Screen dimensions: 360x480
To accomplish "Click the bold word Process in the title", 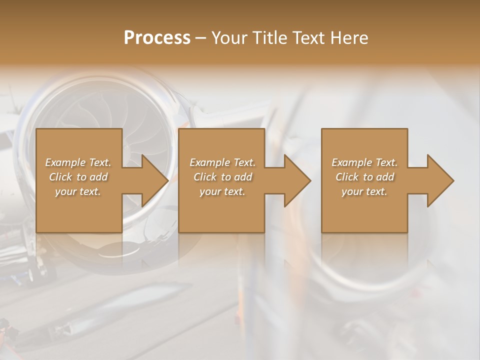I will [157, 38].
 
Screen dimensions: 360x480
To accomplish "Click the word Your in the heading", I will [231, 38].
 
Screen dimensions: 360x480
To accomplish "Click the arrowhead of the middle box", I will [297, 180].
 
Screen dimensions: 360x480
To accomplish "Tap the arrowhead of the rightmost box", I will [440, 180].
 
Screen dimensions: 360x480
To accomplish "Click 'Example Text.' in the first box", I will [78, 162].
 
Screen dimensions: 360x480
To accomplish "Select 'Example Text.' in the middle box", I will [222, 162].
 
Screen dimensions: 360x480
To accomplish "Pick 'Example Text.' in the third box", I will [364, 162].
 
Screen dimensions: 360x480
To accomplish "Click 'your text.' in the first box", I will [78, 191].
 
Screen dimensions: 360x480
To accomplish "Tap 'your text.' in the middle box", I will [222, 191].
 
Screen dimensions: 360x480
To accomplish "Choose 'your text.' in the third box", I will [364, 191].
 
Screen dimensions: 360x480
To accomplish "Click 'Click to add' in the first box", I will [78, 177].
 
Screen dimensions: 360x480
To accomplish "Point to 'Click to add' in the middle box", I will [222, 177].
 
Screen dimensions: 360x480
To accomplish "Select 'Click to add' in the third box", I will [364, 177].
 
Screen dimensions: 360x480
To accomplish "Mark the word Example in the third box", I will [351, 162].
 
